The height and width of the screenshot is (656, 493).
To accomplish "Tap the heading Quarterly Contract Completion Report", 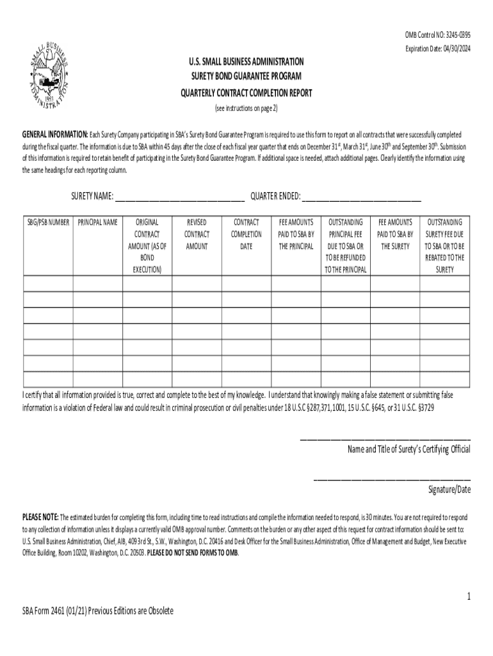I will [246, 93].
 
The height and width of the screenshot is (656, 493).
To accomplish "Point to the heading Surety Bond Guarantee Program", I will [246, 77].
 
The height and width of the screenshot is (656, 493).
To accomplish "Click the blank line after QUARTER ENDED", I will [362, 196].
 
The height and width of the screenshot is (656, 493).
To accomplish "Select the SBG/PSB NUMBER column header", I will [48, 222].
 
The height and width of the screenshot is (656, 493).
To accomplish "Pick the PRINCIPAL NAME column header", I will [97, 222].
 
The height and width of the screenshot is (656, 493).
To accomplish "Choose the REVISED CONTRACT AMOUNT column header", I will [197, 234].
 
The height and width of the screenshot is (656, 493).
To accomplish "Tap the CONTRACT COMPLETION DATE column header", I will [247, 234].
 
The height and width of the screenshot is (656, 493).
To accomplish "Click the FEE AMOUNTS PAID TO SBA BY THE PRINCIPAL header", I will [296, 234].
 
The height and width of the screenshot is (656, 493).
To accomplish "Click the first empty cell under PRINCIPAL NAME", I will [97, 283].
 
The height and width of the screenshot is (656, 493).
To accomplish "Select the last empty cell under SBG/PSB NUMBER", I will [48, 379].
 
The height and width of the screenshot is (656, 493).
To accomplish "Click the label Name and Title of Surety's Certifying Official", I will [408, 449].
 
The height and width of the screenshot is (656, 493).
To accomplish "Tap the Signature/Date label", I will [449, 490].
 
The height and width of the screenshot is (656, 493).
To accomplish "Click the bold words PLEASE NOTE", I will [40, 517].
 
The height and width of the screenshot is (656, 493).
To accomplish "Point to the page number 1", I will [469, 597].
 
